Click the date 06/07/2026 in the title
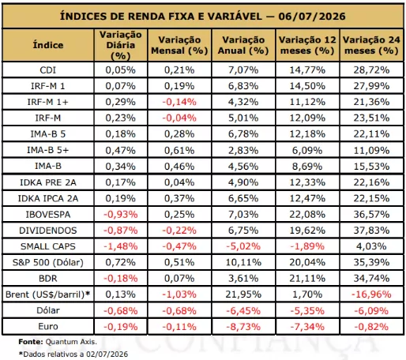[x=312, y=17]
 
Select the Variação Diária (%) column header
[x=121, y=45]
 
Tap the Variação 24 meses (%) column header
[x=371, y=45]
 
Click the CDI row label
[x=48, y=70]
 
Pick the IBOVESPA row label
[x=48, y=215]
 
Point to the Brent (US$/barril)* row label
[x=48, y=294]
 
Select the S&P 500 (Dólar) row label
[x=48, y=262]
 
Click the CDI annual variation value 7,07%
[x=243, y=70]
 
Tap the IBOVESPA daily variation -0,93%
[x=121, y=215]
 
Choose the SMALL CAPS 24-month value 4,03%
[x=371, y=246]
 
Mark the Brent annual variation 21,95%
[x=243, y=294]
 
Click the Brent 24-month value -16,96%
[x=371, y=294]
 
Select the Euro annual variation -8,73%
[x=243, y=327]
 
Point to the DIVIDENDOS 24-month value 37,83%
[x=371, y=231]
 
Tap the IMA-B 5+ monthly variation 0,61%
[x=179, y=151]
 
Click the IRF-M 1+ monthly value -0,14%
[x=179, y=102]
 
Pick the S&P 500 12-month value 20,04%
[x=307, y=262]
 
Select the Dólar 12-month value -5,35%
[x=307, y=311]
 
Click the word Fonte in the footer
[x=30, y=342]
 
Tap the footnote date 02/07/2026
[x=107, y=354]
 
